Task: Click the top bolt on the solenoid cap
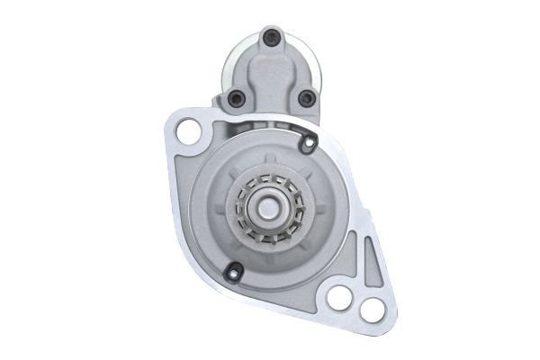coord(269,36)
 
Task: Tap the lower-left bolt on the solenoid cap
coord(236,98)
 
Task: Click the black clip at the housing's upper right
coord(309,141)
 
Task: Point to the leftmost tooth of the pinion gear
coord(238,206)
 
